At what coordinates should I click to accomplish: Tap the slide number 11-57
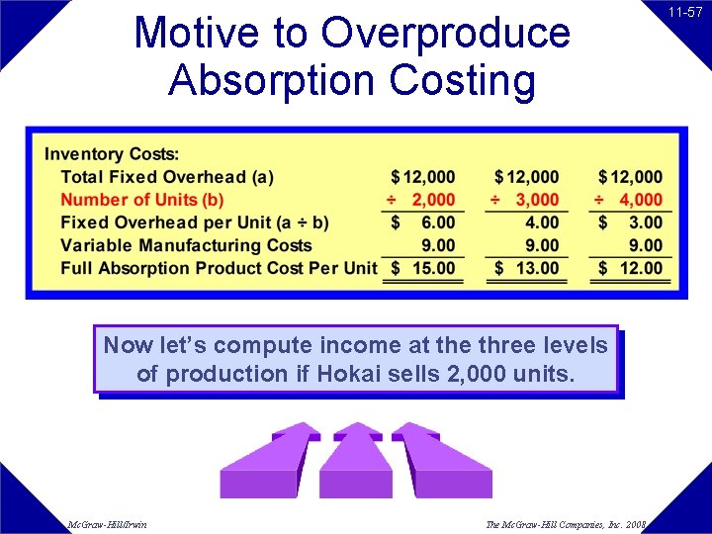point(684,13)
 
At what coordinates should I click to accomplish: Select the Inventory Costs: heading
point(112,154)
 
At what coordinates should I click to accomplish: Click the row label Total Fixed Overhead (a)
point(167,177)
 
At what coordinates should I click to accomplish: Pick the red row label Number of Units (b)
point(142,200)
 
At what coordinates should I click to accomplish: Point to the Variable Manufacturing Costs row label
point(186,245)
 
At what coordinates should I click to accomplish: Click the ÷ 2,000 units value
point(421,200)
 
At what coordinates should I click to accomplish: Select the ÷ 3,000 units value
point(525,200)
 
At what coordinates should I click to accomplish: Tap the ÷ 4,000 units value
point(629,200)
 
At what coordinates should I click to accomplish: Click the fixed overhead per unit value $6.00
point(423,222)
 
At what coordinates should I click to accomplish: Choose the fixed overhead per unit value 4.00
point(542,222)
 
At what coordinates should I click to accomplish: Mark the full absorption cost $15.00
point(423,268)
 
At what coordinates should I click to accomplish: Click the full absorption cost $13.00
point(527,268)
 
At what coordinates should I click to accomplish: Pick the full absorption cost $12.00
point(631,268)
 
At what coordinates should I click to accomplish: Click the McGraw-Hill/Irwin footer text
point(108,524)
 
